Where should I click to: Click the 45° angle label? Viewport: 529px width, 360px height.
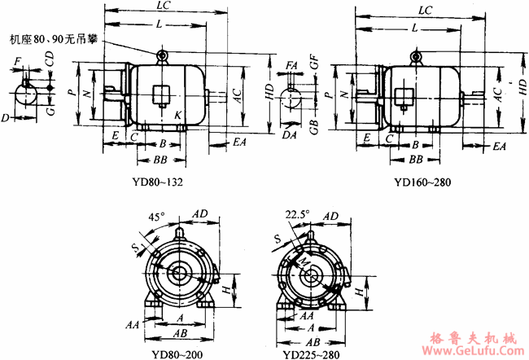(x=154, y=219)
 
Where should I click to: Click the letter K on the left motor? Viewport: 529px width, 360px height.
(x=177, y=116)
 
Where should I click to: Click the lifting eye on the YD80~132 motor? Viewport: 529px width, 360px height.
(x=163, y=55)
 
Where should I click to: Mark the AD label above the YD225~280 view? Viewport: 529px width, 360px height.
(x=330, y=216)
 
